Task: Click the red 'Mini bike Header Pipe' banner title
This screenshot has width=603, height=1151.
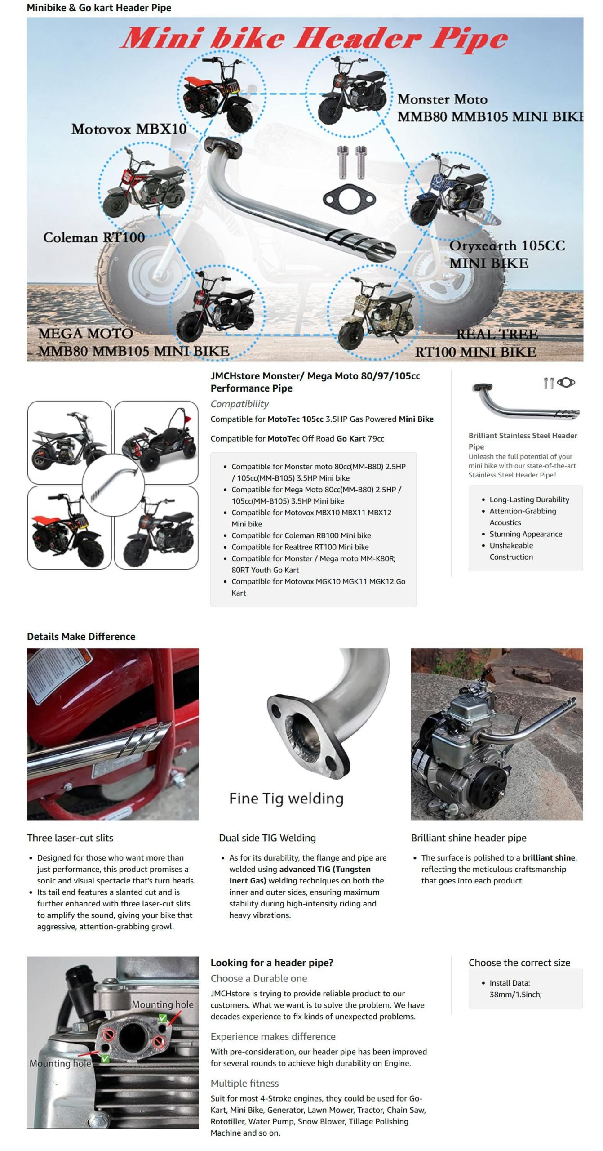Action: [314, 38]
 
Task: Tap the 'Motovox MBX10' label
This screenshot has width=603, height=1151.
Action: [129, 129]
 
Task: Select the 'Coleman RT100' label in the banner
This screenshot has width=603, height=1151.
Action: [94, 237]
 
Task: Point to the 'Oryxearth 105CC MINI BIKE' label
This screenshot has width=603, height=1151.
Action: [507, 254]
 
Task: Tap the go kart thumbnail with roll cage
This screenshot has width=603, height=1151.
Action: [156, 442]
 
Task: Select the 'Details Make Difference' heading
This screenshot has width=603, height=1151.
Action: [81, 636]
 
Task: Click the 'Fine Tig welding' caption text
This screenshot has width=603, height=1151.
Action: [286, 798]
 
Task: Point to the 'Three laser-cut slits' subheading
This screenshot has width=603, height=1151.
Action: [70, 838]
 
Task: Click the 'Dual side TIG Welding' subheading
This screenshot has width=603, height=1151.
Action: [267, 838]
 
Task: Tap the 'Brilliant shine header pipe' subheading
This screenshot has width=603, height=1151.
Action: [469, 838]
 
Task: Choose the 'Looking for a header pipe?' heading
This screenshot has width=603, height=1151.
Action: [272, 963]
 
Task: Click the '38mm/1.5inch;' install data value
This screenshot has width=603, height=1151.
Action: [516, 994]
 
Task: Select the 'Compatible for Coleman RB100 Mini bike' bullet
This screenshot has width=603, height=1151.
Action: [301, 535]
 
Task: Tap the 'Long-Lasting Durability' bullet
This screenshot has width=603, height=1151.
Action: [529, 499]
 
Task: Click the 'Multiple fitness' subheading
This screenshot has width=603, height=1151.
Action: [244, 1083]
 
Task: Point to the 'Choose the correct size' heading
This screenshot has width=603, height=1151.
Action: [519, 963]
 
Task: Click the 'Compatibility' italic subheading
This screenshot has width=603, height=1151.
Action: [239, 404]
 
